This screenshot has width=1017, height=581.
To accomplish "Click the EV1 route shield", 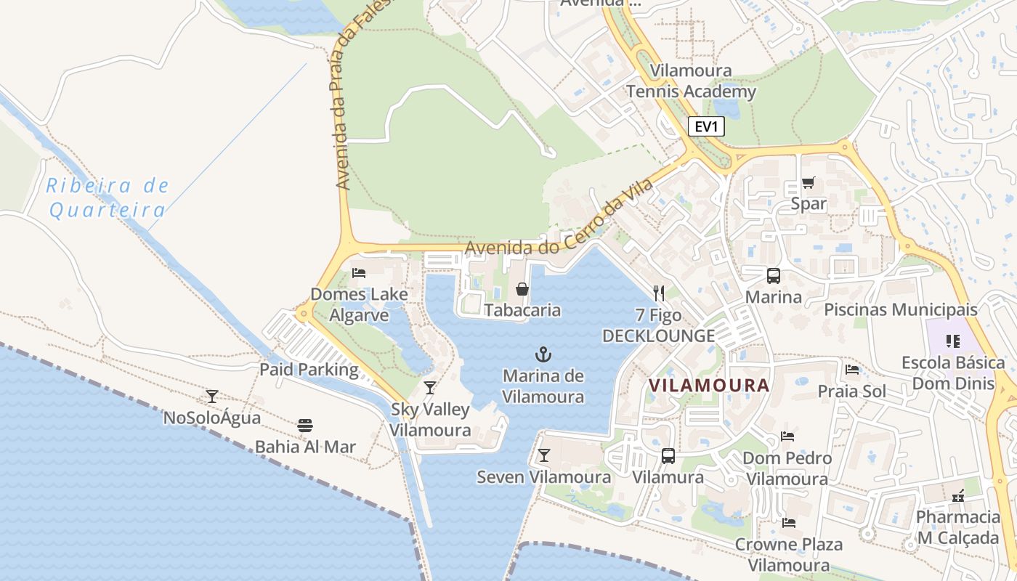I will pos(706,127).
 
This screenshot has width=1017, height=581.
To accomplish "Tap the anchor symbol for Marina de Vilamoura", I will pos(543,354).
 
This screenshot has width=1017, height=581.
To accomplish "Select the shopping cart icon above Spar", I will pos(808,182).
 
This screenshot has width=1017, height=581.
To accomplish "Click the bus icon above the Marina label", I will pos(773,276).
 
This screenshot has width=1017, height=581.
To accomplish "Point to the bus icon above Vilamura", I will pos(668,456).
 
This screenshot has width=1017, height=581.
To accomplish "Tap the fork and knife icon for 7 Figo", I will pos(658,293).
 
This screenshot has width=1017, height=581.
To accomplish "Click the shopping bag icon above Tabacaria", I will pos(522,289).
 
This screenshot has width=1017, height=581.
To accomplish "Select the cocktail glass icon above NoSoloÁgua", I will pos(211,397).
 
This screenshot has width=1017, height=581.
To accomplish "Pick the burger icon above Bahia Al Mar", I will pos(305,425).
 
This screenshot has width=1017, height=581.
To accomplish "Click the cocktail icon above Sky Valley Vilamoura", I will pos(430,388).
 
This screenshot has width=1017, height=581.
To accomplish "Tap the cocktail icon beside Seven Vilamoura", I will pos(543,455).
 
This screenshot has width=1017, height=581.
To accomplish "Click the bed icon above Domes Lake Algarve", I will pos(358,273).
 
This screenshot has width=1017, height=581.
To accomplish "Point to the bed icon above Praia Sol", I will pos(852,370).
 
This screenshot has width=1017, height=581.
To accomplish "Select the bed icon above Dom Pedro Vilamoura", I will pos(787,436).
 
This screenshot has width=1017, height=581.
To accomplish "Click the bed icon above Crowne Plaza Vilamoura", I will pos(788,523).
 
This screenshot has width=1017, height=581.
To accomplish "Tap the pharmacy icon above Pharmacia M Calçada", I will pos(958,496).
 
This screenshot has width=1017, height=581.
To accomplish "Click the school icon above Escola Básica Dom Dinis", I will pos(953,341).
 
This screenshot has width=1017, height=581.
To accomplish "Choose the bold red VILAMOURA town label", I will pos(708,385).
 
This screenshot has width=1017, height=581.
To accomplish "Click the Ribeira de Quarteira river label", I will pos(108,198).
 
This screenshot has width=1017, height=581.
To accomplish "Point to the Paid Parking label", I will pos(309,370).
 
